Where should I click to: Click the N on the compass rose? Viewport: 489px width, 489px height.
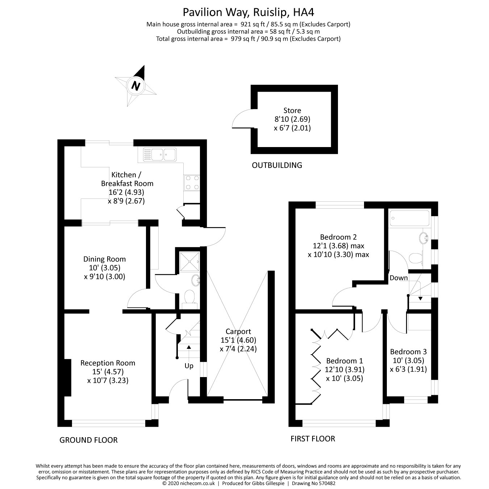click(136, 86)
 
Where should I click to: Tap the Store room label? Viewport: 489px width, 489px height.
click(292, 110)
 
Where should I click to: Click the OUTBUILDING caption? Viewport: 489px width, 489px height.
click(277, 166)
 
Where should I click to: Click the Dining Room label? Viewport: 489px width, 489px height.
click(104, 259)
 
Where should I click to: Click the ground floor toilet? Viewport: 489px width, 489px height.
click(189, 298)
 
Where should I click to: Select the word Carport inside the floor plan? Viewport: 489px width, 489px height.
click(238, 331)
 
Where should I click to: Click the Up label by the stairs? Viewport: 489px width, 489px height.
click(189, 366)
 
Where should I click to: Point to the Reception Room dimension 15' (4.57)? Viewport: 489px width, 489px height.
click(108, 372)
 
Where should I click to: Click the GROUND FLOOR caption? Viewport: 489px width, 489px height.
click(88, 440)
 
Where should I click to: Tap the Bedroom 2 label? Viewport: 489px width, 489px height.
click(338, 237)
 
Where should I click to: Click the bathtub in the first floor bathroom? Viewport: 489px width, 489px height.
click(409, 218)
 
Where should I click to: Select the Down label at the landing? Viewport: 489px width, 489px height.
click(398, 278)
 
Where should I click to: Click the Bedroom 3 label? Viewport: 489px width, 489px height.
click(408, 352)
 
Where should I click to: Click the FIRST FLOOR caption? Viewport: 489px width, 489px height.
click(313, 439)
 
